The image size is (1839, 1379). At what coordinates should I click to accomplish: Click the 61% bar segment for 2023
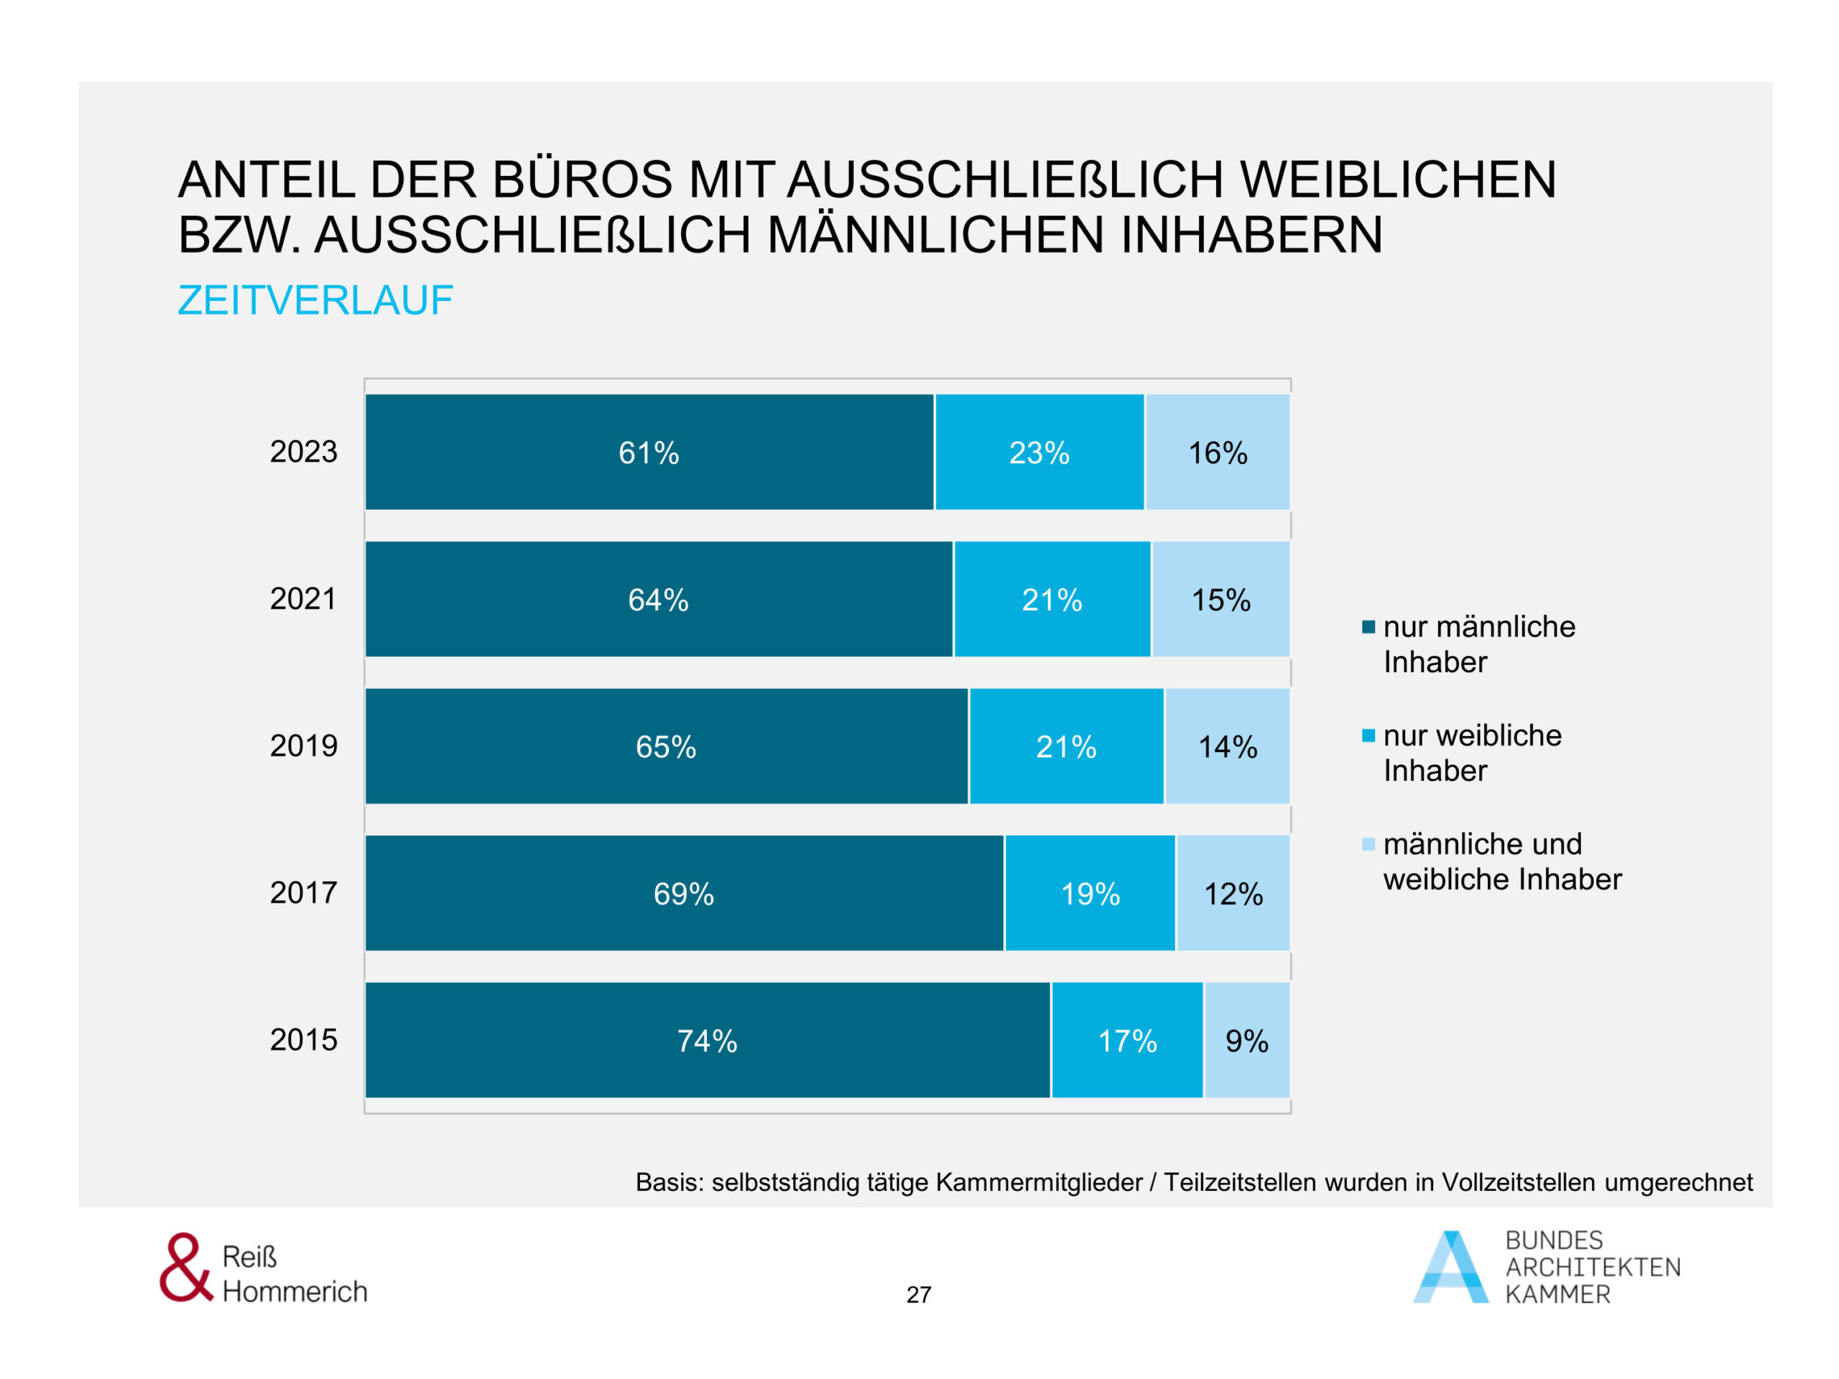pyautogui.click(x=649, y=452)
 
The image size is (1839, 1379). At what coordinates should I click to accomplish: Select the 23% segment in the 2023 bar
pyautogui.click(x=1039, y=452)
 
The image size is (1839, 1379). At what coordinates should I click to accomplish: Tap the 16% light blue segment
pyautogui.click(x=1217, y=452)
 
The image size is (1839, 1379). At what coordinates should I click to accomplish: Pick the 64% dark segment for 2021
pyautogui.click(x=659, y=599)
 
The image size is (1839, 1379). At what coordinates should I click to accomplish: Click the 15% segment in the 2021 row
pyautogui.click(x=1220, y=599)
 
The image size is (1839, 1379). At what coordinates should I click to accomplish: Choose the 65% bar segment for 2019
pyautogui.click(x=666, y=746)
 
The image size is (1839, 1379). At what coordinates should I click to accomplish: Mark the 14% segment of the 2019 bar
pyautogui.click(x=1227, y=746)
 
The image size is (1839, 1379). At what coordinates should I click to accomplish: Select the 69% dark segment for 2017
pyautogui.click(x=683, y=893)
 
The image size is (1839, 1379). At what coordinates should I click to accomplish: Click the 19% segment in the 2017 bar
pyautogui.click(x=1090, y=893)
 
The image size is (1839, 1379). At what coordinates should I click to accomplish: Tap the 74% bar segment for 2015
pyautogui.click(x=707, y=1041)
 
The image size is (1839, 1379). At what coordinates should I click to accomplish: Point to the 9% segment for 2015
pyautogui.click(x=1246, y=1041)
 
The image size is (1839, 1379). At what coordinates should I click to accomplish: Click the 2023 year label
pyautogui.click(x=303, y=451)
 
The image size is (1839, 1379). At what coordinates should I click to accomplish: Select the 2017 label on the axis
pyautogui.click(x=303, y=893)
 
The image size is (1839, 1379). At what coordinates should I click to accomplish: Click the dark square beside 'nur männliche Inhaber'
pyautogui.click(x=1368, y=627)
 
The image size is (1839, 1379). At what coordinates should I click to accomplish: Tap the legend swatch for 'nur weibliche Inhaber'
pyautogui.click(x=1368, y=735)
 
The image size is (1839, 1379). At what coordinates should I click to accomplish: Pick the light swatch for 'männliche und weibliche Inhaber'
pyautogui.click(x=1368, y=845)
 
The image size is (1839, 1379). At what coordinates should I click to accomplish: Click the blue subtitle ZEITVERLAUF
pyautogui.click(x=315, y=300)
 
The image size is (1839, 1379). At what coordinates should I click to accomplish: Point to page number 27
pyautogui.click(x=919, y=1294)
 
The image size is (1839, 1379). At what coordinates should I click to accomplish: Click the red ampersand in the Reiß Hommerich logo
pyautogui.click(x=185, y=1268)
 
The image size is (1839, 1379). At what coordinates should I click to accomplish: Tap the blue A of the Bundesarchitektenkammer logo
pyautogui.click(x=1451, y=1268)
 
